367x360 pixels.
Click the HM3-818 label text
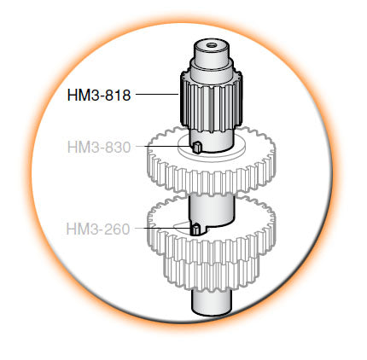point(98,96)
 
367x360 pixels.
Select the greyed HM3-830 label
point(98,147)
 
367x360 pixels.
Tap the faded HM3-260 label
point(98,228)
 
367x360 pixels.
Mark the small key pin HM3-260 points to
point(195,229)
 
